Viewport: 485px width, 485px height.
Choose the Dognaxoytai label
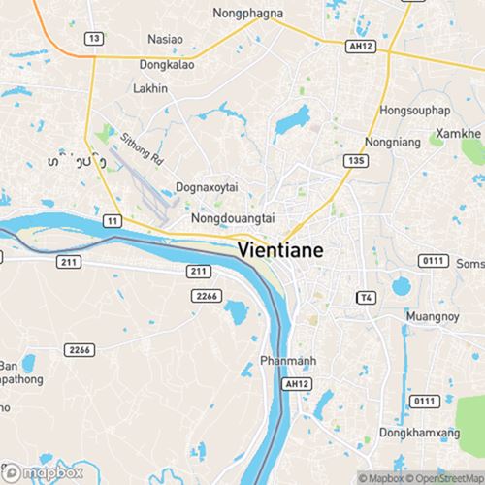208,187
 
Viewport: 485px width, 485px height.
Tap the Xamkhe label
460,130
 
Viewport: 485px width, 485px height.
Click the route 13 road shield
94,38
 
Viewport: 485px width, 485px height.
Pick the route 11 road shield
113,221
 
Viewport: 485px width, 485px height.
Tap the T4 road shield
366,296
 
